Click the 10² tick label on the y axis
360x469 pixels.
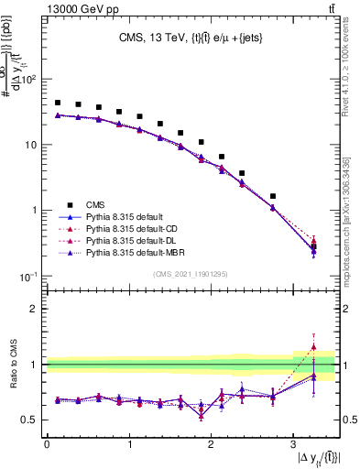pyautogui.click(x=27, y=80)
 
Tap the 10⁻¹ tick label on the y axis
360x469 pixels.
pyautogui.click(x=27, y=276)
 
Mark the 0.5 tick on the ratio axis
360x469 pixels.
pyautogui.click(x=29, y=420)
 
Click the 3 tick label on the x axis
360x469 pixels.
pyautogui.click(x=292, y=444)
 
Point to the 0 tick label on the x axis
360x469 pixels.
pyautogui.click(x=47, y=444)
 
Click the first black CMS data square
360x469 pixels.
pyautogui.click(x=58, y=103)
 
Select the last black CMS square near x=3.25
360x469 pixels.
pyautogui.click(x=313, y=246)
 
